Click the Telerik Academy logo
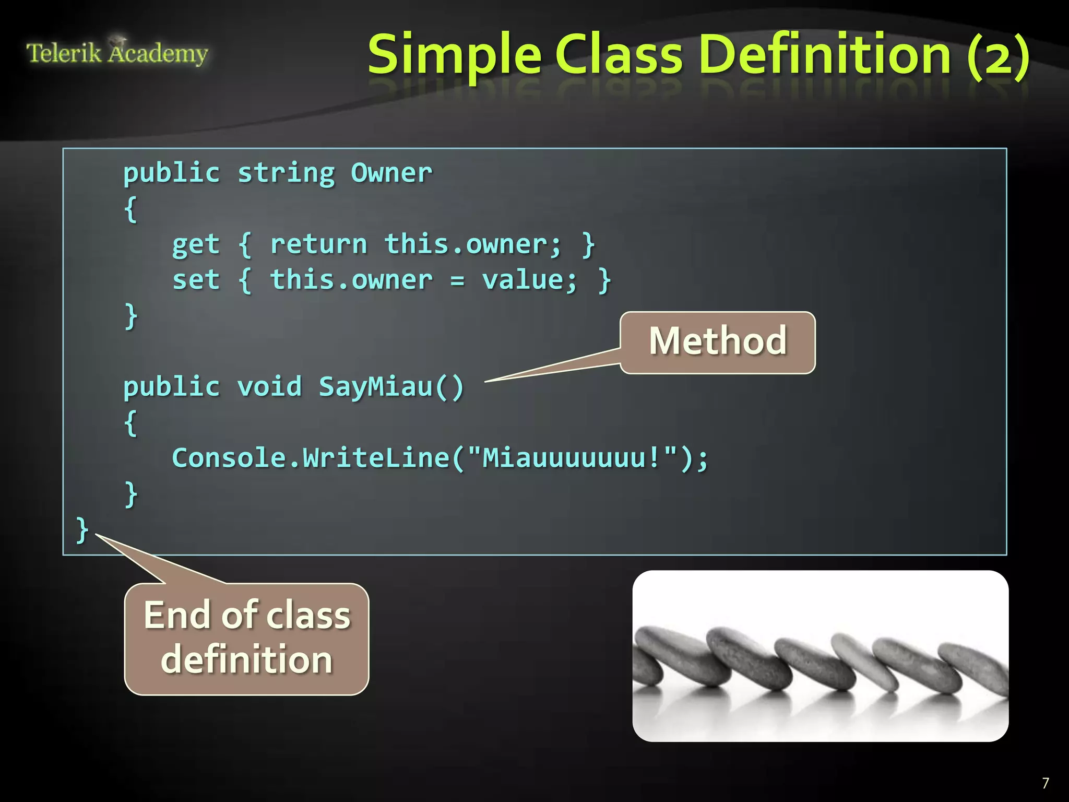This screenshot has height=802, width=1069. click(x=117, y=53)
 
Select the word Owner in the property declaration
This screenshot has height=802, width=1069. click(x=391, y=173)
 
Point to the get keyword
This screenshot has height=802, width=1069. click(x=196, y=244)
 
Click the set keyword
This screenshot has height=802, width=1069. click(x=196, y=280)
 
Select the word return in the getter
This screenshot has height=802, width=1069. click(x=318, y=244)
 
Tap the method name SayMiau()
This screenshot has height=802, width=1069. click(x=391, y=387)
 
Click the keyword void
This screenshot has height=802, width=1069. click(x=269, y=387)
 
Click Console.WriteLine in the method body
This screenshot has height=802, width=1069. click(x=310, y=458)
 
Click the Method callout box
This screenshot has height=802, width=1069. click(x=717, y=342)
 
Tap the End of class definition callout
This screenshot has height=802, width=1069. click(x=246, y=638)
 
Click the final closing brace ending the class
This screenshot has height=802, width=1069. click(x=82, y=529)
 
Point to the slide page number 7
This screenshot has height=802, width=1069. click(x=1045, y=783)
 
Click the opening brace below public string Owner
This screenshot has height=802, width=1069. click(x=130, y=209)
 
